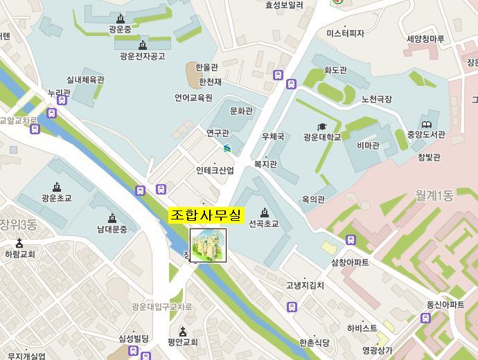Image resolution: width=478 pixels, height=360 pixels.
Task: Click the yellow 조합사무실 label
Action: [x=206, y=216]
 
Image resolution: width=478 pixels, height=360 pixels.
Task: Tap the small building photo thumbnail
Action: [x=208, y=246]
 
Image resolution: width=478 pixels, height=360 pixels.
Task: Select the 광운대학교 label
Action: [x=322, y=137]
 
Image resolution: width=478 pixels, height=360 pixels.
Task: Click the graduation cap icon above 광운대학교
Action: [x=321, y=127]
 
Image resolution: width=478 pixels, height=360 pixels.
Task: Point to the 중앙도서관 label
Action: [x=426, y=135]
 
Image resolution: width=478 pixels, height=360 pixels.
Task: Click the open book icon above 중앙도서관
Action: [x=426, y=125]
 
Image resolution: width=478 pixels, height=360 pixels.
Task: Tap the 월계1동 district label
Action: [x=434, y=196]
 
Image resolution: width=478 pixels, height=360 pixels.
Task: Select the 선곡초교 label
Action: [x=263, y=224]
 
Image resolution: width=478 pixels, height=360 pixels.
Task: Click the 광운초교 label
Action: [x=56, y=198]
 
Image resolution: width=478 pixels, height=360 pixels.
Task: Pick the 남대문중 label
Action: [x=112, y=229]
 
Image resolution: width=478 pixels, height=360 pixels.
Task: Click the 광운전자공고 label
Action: [x=142, y=56]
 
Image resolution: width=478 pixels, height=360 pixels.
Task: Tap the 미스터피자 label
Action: [x=345, y=33]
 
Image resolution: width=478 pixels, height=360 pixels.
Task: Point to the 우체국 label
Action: [x=273, y=137]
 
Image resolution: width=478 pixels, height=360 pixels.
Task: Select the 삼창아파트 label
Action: [x=350, y=263]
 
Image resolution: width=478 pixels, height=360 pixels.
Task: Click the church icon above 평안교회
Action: [x=183, y=332]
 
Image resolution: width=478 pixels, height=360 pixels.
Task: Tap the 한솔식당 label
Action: [x=315, y=343]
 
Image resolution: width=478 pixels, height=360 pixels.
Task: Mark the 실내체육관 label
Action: [x=85, y=80]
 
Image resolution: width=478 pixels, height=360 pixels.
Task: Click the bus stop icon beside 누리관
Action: [x=62, y=100]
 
